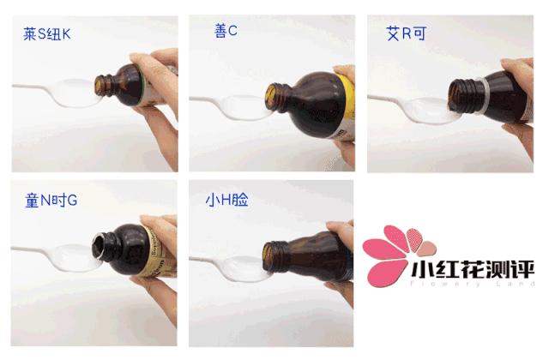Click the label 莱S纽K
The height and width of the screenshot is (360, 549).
click(x=50, y=37)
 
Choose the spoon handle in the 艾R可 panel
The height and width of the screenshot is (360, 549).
click(x=386, y=99)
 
